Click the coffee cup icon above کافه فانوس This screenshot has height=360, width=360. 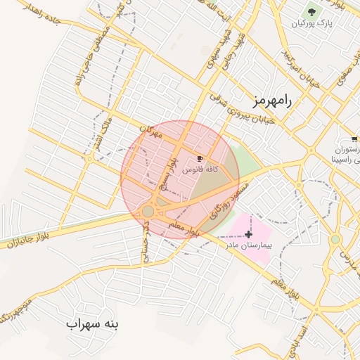[x=200, y=159]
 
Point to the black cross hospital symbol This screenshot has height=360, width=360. [x=249, y=233]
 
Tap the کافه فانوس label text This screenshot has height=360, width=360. [x=200, y=170]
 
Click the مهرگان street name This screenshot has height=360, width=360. [x=150, y=131]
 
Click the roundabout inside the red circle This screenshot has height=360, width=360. [x=148, y=211]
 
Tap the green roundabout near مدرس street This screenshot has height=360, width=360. [x=335, y=240]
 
